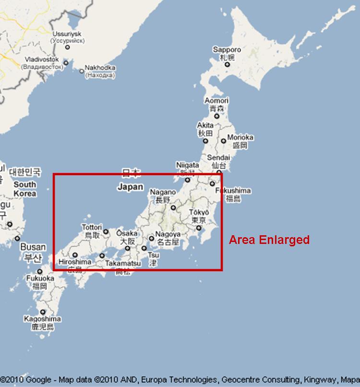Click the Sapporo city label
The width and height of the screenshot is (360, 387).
point(227,50)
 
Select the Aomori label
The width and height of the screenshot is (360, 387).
point(216,101)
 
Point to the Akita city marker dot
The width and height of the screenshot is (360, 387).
point(205,141)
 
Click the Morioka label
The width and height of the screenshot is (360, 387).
point(240,138)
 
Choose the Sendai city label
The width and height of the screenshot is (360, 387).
point(218,157)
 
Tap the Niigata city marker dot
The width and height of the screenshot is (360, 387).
point(188,180)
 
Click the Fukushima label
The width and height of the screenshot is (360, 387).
point(233,191)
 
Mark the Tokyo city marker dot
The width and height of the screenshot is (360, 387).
point(199,228)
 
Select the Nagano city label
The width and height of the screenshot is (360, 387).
point(160,192)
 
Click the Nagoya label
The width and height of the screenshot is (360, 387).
point(168,234)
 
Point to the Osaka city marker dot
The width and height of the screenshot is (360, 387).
point(127,248)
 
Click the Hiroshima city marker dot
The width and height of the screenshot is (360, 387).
point(75,255)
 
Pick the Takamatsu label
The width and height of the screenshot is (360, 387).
point(123,264)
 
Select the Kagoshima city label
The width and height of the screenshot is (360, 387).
point(42,319)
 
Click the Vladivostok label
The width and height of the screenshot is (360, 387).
point(42,60)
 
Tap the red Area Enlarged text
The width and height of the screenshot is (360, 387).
point(269,240)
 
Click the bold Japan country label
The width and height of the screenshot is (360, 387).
point(131,187)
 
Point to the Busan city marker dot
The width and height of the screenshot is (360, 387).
point(17,238)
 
